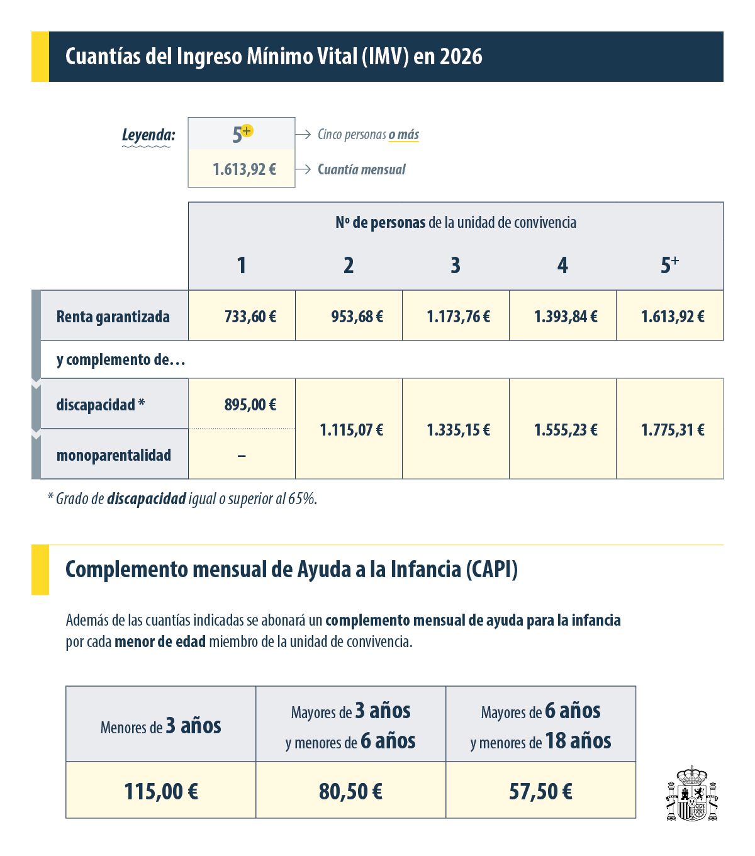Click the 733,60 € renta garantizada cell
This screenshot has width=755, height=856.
[250, 316]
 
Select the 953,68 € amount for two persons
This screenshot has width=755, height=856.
[357, 316]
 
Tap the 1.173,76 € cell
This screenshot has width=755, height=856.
[458, 316]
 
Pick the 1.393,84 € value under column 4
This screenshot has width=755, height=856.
[566, 316]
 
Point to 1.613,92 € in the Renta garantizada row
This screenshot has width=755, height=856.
[673, 316]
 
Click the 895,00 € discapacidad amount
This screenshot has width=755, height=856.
[250, 404]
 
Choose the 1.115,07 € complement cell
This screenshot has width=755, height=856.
[351, 430]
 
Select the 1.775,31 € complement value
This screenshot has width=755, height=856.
[673, 430]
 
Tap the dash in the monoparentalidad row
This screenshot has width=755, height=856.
[242, 455]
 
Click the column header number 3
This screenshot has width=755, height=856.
[456, 266]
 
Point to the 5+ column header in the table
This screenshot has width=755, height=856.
[669, 265]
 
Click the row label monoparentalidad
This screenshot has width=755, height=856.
[114, 455]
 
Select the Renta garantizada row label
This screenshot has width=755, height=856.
[113, 316]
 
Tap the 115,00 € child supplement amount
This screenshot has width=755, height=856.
[161, 791]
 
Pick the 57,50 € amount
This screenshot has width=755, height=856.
[540, 791]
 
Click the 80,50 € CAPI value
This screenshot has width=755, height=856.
[350, 791]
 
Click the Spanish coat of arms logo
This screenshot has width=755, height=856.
[692, 794]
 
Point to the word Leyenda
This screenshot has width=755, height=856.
[148, 135]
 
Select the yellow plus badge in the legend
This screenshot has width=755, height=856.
[247, 130]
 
